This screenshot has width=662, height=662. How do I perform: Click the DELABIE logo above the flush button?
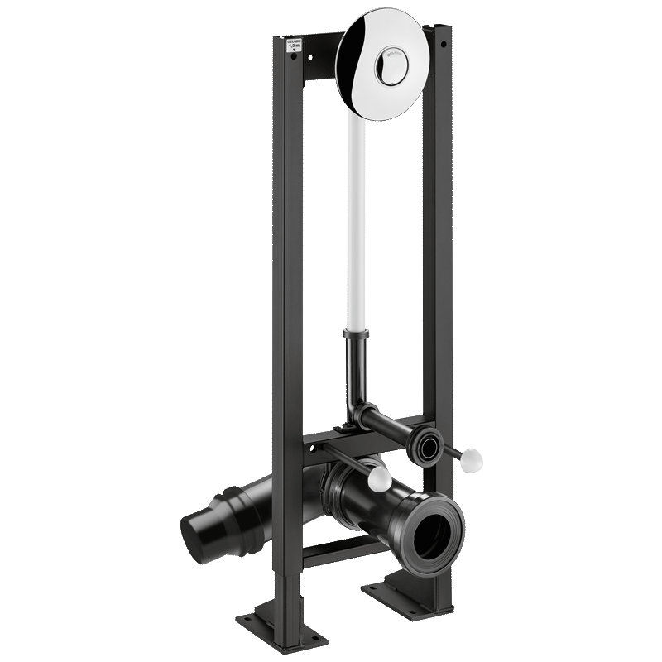click(389, 55)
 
